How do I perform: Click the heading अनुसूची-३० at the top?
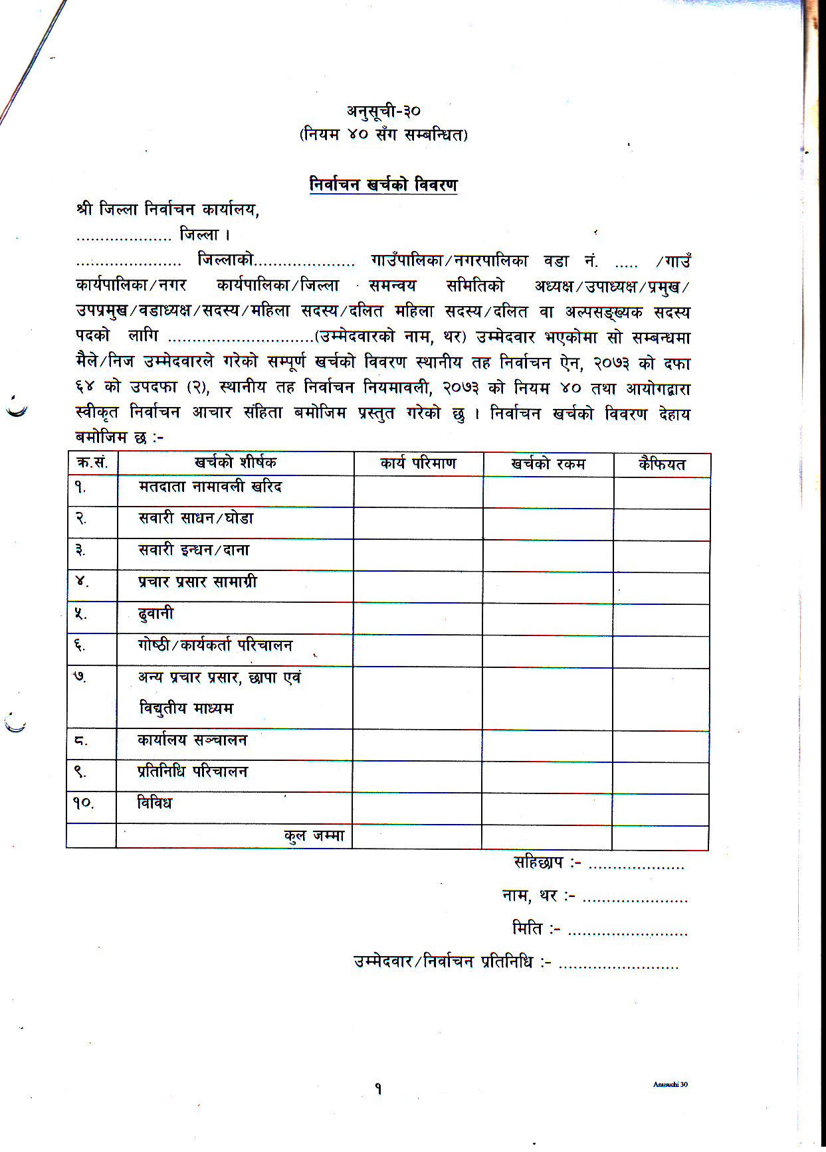click(x=383, y=111)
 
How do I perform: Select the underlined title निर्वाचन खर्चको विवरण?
click(x=383, y=185)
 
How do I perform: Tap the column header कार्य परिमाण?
click(x=418, y=463)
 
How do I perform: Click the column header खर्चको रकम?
click(x=548, y=464)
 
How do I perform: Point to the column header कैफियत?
click(x=662, y=464)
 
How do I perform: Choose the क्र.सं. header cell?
click(x=92, y=463)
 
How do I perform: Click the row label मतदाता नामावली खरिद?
click(x=210, y=487)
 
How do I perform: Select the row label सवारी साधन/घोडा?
click(x=196, y=519)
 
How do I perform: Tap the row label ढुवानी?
click(x=155, y=614)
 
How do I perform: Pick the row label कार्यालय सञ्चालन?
click(x=192, y=740)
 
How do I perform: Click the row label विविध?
click(x=154, y=803)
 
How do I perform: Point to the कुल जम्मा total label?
click(x=314, y=836)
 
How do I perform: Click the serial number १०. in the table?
click(x=84, y=803)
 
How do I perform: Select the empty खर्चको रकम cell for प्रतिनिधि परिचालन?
click(x=547, y=777)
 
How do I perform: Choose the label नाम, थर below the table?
click(x=538, y=896)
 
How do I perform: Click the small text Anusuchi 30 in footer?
click(x=670, y=1084)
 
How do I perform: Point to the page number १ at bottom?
click(x=378, y=1089)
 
